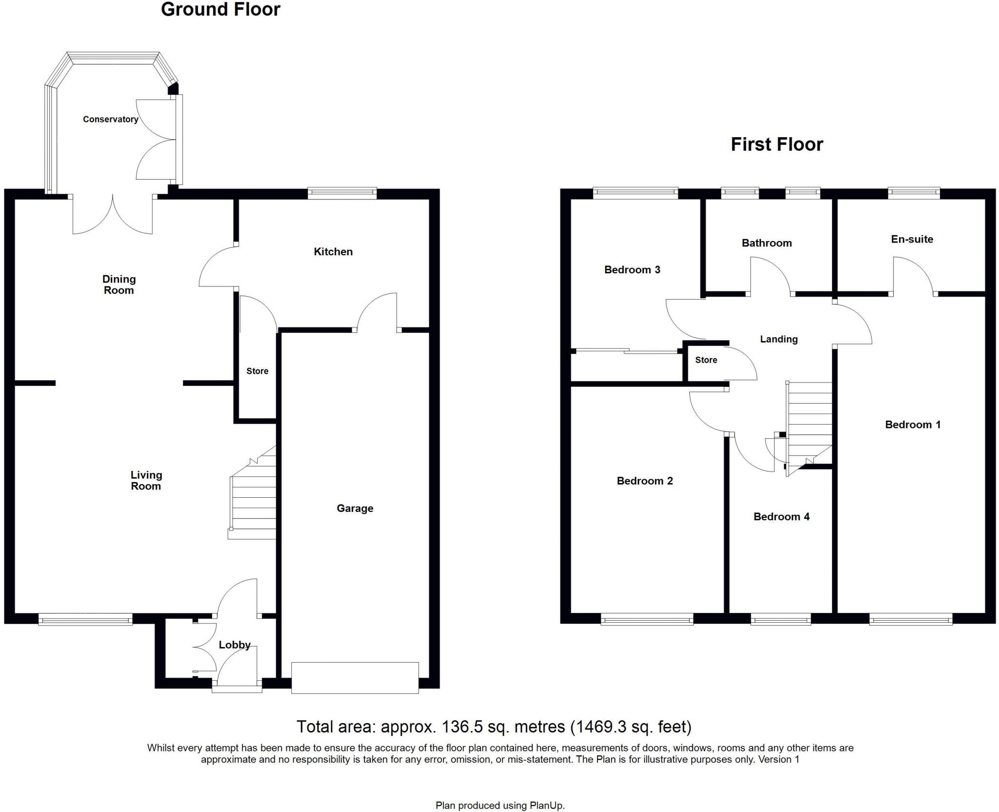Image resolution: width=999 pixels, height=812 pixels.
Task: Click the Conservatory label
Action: coord(110,119)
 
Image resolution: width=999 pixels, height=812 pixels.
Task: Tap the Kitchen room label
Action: coord(333,252)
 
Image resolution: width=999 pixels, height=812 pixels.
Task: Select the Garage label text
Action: coord(355,508)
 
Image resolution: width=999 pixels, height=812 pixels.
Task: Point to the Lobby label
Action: coord(235,645)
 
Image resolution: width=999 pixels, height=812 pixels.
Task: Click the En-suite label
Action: coord(912,239)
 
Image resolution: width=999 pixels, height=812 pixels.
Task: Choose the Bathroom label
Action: coord(767,243)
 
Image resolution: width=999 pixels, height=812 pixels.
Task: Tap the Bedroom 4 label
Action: coord(781,517)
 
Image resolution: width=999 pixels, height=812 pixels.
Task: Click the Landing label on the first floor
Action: coord(779,340)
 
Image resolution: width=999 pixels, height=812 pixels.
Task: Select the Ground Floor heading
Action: coord(220,10)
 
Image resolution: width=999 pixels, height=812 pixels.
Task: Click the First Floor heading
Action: coord(777,144)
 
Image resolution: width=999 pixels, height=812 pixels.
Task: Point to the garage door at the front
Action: coord(355,678)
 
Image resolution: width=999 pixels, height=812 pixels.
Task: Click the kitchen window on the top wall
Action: coord(342,193)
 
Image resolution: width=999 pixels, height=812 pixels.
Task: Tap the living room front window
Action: coord(85,619)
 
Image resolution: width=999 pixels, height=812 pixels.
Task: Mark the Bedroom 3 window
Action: coord(636,193)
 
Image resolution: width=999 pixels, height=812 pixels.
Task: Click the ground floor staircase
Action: coord(253,492)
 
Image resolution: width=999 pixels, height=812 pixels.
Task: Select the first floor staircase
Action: coord(808,428)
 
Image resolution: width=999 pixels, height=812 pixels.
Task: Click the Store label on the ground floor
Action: coord(258,371)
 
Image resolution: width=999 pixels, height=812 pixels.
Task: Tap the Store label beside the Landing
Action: coord(706,360)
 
